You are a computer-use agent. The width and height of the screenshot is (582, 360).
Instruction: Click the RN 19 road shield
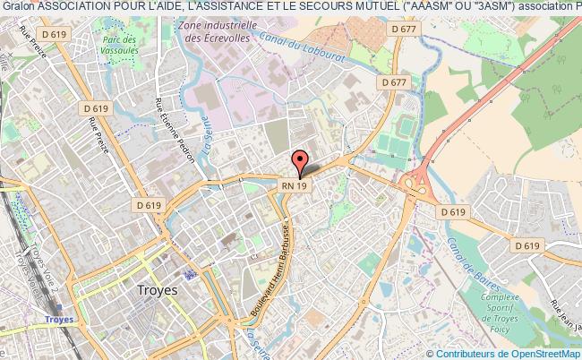coord(295,184)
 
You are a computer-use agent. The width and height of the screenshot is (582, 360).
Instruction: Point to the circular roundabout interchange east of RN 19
coord(414,184)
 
